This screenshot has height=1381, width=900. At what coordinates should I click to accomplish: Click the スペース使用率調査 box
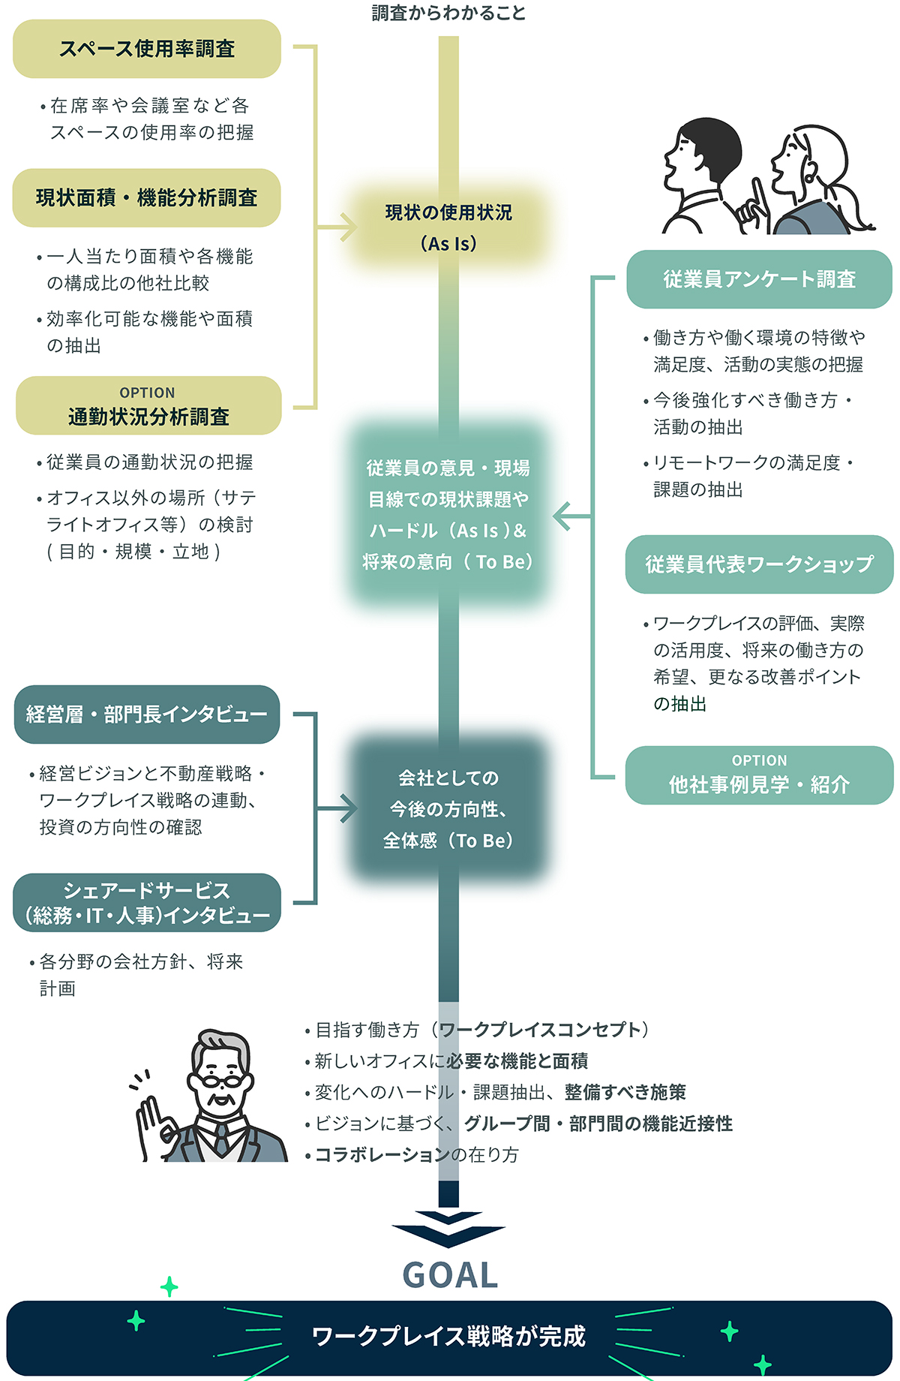(147, 49)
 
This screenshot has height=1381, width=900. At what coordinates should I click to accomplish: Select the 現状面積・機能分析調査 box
(147, 198)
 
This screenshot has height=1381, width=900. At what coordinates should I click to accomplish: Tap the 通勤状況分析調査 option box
(148, 406)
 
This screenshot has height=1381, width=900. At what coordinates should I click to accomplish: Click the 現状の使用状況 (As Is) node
(448, 227)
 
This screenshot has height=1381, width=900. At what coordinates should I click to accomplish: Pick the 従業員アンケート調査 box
(759, 279)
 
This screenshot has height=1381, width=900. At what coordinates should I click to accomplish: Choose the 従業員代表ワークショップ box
(759, 564)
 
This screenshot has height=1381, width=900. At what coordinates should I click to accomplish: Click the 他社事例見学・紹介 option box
(759, 775)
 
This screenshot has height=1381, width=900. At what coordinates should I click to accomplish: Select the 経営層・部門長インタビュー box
(147, 715)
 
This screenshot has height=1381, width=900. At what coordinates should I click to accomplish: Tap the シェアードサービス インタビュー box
(147, 903)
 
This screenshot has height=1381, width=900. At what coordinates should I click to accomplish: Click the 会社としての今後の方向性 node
(448, 809)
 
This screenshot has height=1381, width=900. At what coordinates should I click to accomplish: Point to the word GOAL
(450, 1275)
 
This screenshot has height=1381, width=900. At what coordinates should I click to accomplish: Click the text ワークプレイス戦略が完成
(448, 1337)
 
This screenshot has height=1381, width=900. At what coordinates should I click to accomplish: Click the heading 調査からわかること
(448, 13)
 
